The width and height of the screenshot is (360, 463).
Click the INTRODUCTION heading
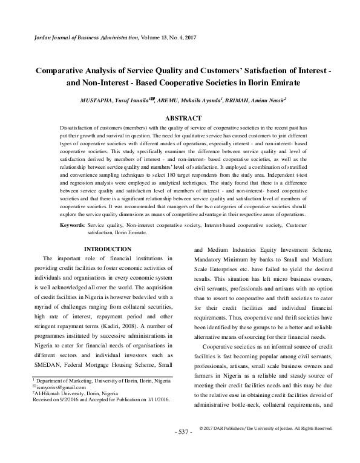pyautogui.click(x=107, y=249)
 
